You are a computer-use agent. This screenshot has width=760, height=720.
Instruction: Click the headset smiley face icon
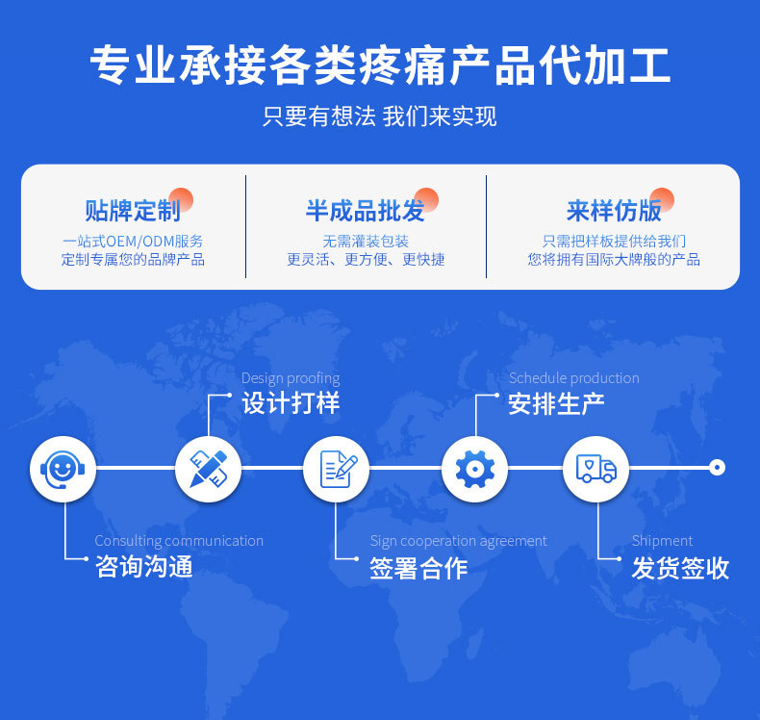pyautogui.click(x=63, y=469)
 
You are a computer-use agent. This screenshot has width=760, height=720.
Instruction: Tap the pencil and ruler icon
pyautogui.click(x=208, y=469)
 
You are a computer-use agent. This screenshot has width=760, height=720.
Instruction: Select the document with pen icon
pyautogui.click(x=336, y=469)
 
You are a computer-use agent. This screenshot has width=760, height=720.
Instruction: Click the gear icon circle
pyautogui.click(x=474, y=469)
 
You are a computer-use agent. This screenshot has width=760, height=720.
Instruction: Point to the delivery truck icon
pyautogui.click(x=595, y=469)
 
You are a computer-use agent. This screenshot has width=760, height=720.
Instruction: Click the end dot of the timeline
pyautogui.click(x=716, y=468)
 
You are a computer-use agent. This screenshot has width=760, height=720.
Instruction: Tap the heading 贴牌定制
pyautogui.click(x=133, y=211)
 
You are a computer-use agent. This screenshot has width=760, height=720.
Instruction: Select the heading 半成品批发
pyautogui.click(x=366, y=211)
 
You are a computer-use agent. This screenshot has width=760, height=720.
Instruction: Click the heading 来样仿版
pyautogui.click(x=614, y=211)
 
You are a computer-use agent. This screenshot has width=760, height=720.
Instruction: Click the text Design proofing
pyautogui.click(x=291, y=378)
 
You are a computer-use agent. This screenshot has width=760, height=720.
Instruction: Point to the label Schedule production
pyautogui.click(x=573, y=378)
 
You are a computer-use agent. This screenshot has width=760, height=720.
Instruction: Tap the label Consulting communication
pyautogui.click(x=179, y=541)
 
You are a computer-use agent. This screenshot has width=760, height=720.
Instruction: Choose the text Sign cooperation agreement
pyautogui.click(x=458, y=541)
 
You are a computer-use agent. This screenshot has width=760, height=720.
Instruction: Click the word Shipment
pyautogui.click(x=662, y=541)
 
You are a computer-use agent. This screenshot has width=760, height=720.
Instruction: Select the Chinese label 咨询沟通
pyautogui.click(x=144, y=568)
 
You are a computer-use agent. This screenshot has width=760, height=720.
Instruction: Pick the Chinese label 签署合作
pyautogui.click(x=418, y=568)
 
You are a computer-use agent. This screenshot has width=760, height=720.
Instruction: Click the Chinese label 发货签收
pyautogui.click(x=680, y=568)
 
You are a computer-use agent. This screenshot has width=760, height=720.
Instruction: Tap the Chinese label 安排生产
pyautogui.click(x=557, y=403)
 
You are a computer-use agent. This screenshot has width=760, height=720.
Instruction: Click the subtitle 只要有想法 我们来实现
pyautogui.click(x=380, y=116)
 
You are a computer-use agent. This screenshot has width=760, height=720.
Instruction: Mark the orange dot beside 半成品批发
pyautogui.click(x=426, y=199)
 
